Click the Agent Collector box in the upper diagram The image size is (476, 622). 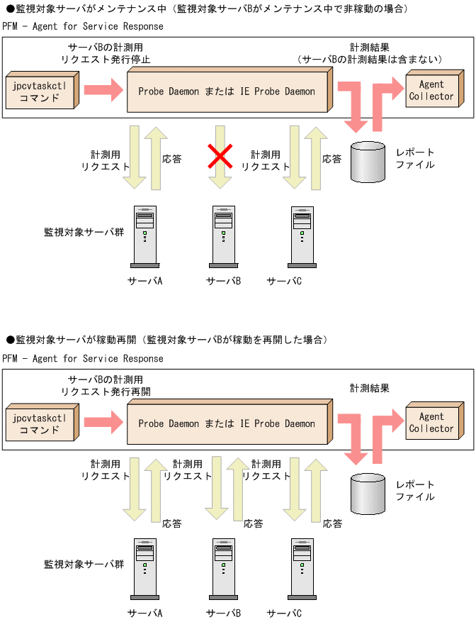[431, 90]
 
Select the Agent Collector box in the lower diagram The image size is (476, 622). [431, 423]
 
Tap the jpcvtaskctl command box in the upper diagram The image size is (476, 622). [40, 91]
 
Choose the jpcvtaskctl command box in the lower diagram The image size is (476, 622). [40, 423]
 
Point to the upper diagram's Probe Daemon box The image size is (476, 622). [227, 91]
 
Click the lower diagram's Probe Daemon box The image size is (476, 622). [227, 423]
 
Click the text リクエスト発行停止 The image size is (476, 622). [106, 60]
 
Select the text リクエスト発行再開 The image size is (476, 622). [106, 391]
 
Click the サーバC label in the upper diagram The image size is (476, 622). [284, 281]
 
